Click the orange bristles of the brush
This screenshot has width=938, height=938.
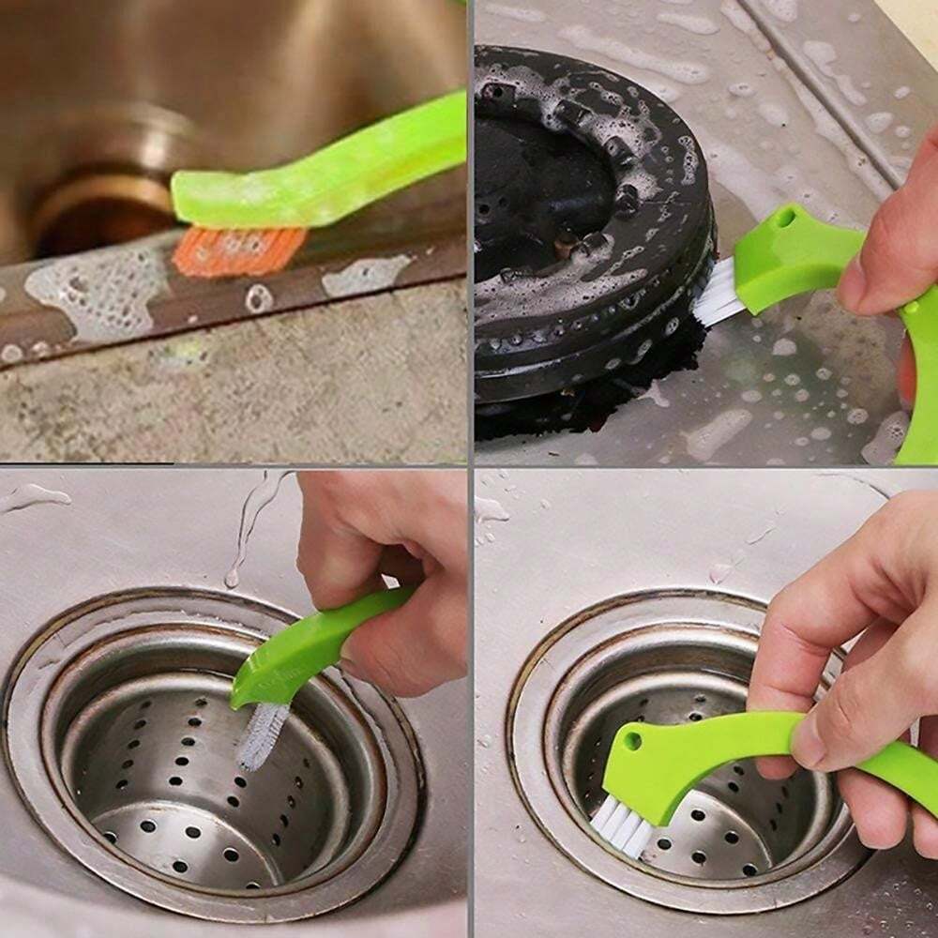tap(239, 250)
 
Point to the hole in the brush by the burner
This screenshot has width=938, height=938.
tap(782, 219)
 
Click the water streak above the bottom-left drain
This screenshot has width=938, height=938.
tap(249, 525)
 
